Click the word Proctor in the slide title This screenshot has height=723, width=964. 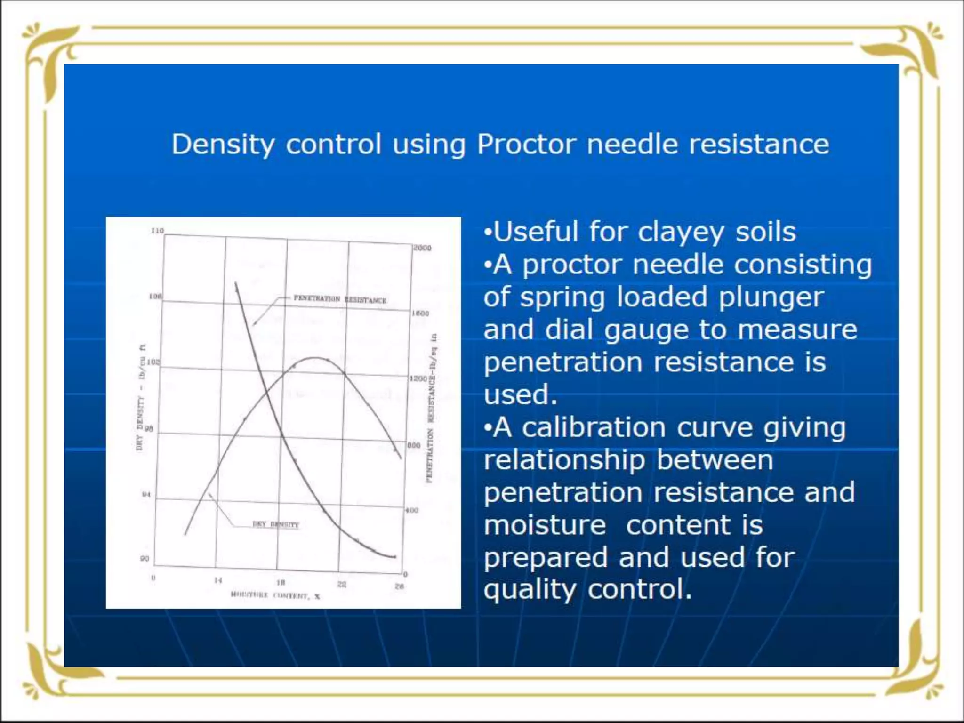[526, 144]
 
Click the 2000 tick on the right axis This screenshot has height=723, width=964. [422, 248]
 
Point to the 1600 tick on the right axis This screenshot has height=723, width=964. [420, 313]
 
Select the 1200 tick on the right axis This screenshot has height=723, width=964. [418, 378]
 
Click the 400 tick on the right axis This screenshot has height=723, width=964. [412, 510]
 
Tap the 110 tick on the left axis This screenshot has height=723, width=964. [157, 231]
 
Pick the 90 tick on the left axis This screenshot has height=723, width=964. [145, 559]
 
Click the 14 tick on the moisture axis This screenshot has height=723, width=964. [218, 580]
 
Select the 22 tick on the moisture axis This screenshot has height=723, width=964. [342, 585]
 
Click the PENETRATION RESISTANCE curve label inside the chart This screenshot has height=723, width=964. [340, 299]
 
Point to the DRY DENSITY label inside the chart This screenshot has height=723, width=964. [276, 524]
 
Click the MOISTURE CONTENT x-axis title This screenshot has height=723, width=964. [275, 596]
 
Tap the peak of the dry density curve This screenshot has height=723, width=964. [314, 358]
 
